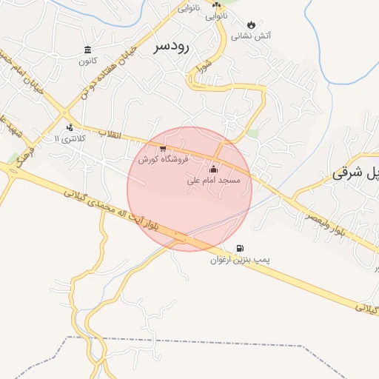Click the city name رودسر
tap(172, 47)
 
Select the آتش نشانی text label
tap(251, 36)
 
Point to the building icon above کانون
tap(88, 50)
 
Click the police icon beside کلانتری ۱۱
tap(70, 127)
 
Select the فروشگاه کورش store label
tap(162, 159)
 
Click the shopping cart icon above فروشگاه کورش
tap(163, 149)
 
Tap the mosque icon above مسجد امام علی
tap(214, 169)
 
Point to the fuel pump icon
tap(238, 249)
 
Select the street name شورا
tap(204, 70)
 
